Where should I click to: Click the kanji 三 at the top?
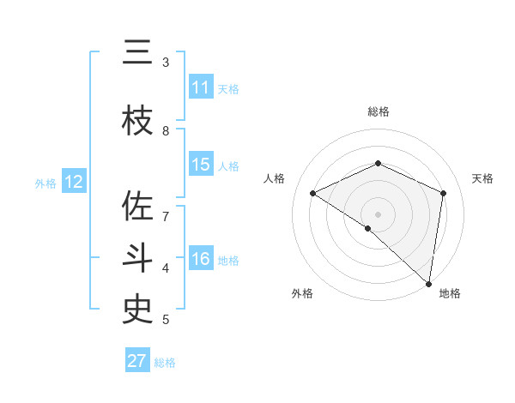pyautogui.click(x=137, y=53)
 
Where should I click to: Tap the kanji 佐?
pyautogui.click(x=137, y=208)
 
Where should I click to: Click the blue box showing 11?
pyautogui.click(x=201, y=87)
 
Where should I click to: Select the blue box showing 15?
pyautogui.click(x=201, y=165)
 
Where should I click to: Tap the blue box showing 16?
pyautogui.click(x=201, y=260)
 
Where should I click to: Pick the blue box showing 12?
pyautogui.click(x=74, y=182)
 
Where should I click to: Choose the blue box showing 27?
pyautogui.click(x=137, y=361)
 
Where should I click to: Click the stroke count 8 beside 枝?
pyautogui.click(x=166, y=131)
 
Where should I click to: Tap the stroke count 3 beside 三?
pyautogui.click(x=166, y=63)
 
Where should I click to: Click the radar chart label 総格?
pyautogui.click(x=378, y=111)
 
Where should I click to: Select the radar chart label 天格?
pyautogui.click(x=482, y=178)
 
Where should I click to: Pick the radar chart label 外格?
pyautogui.click(x=302, y=293)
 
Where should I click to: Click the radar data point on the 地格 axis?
pyautogui.click(x=428, y=283)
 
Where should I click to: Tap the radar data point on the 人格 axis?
pyautogui.click(x=313, y=193)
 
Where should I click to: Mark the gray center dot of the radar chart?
pyautogui.click(x=378, y=214)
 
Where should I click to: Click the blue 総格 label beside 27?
pyautogui.click(x=165, y=363)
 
